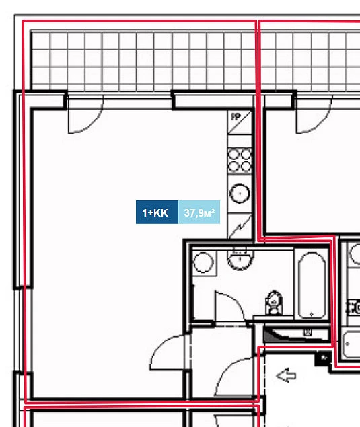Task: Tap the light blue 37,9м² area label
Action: click(x=199, y=212)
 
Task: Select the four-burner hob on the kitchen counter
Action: click(x=240, y=161)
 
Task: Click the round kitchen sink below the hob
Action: click(x=240, y=194)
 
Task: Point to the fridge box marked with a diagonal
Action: click(x=240, y=122)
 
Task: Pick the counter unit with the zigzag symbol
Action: click(x=240, y=226)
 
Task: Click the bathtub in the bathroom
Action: click(x=312, y=285)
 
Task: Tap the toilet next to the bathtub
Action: click(x=274, y=303)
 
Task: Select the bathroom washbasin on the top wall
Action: click(x=240, y=259)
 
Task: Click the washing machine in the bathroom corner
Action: click(x=204, y=262)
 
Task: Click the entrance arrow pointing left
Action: click(x=286, y=376)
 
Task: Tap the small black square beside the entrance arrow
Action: click(x=323, y=358)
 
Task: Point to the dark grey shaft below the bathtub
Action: click(x=295, y=335)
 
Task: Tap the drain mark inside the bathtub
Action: click(x=312, y=314)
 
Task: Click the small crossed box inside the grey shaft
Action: click(x=308, y=332)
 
